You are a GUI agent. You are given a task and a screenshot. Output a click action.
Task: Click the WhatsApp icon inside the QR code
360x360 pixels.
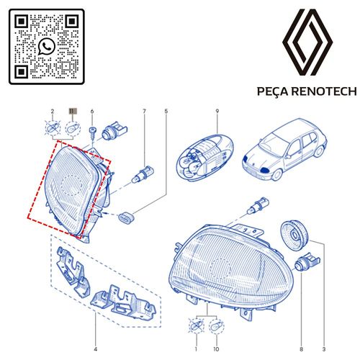47,46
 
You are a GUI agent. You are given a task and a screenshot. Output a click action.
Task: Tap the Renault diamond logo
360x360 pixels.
307,42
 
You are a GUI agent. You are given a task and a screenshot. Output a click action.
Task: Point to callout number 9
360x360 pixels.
217,111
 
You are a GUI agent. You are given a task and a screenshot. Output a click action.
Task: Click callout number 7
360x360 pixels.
144,111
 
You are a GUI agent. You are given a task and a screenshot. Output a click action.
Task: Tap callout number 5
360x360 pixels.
166,111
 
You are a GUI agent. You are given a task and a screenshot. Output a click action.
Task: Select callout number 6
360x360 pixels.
92,112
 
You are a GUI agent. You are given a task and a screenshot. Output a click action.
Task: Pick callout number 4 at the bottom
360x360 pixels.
96,349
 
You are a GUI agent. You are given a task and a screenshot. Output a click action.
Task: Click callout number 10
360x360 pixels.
216,349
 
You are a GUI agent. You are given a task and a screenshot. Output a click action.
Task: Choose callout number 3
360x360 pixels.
324,349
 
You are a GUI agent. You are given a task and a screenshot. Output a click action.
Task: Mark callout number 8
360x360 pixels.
301,349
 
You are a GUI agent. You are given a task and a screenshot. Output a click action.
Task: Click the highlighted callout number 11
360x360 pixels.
72,111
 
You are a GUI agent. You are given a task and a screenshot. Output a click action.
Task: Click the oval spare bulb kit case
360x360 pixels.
205,157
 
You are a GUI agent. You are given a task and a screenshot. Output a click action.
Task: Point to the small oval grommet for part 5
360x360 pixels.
127,217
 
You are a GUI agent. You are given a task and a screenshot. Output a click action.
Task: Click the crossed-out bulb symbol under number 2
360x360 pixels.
53,129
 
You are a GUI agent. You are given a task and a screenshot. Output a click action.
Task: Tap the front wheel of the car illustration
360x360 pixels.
276,174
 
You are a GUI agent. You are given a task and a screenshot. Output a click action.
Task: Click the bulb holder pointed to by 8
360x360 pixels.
307,263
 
